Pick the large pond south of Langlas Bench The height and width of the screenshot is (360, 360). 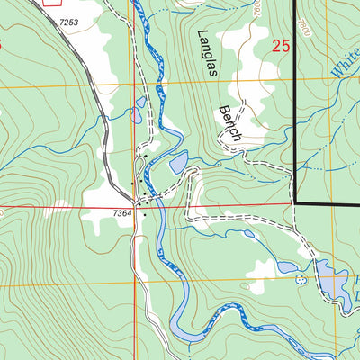click(x=178, y=162)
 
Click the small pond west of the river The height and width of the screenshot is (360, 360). click(x=135, y=115)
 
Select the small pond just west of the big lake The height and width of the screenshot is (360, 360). click(x=288, y=267)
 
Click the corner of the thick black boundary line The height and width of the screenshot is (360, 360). click(x=295, y=204)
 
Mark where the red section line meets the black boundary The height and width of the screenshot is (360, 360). click(x=295, y=204)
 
